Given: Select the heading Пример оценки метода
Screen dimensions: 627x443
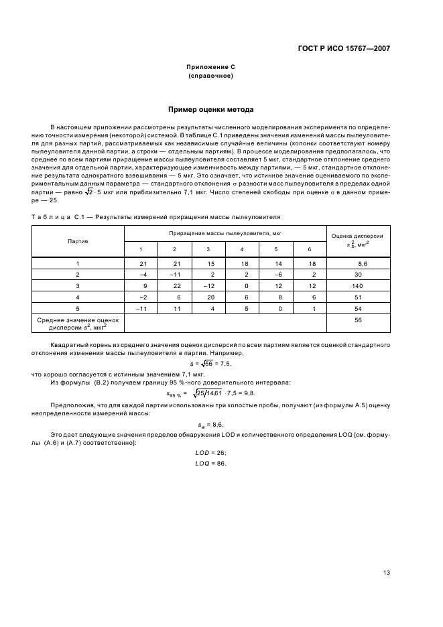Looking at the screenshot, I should pyautogui.click(x=210, y=109).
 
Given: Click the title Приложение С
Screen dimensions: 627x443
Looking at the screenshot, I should pyautogui.click(x=210, y=67).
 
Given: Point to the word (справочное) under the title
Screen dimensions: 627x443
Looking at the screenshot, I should pyautogui.click(x=210, y=76).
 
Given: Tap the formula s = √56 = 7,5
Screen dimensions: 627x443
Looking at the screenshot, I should pyautogui.click(x=210, y=362).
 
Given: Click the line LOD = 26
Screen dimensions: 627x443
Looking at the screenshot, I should pyautogui.click(x=210, y=453).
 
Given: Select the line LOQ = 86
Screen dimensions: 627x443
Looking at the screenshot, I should pyautogui.click(x=210, y=464).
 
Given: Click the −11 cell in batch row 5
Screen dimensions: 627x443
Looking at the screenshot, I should pyautogui.click(x=141, y=307).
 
